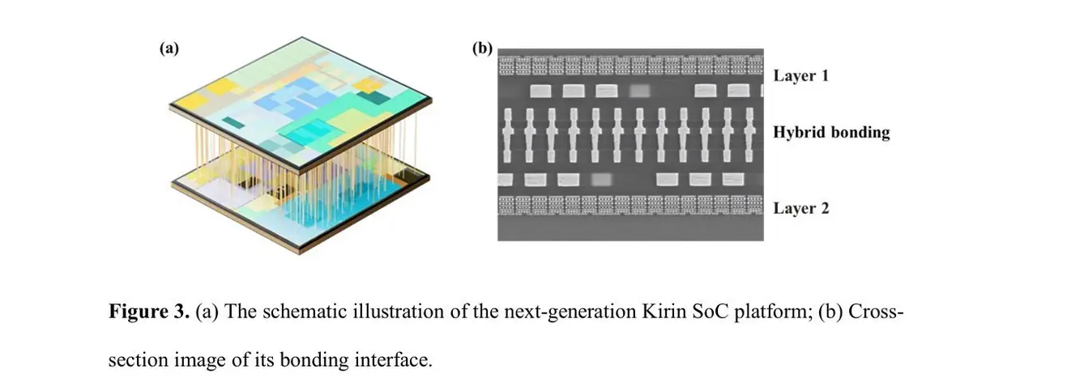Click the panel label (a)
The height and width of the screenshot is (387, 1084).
tap(169, 49)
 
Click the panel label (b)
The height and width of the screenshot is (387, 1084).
tap(482, 49)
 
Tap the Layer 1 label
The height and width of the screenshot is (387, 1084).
tap(801, 75)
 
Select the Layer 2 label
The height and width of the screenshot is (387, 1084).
tap(801, 208)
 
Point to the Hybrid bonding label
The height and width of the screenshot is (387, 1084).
tap(831, 132)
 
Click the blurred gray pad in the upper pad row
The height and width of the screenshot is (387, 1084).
tap(640, 91)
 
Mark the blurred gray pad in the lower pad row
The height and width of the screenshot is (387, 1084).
tap(601, 180)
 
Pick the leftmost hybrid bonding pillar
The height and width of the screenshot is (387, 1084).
tap(508, 135)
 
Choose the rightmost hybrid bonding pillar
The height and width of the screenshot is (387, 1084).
tap(749, 135)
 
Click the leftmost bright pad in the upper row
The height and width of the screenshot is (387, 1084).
tap(540, 91)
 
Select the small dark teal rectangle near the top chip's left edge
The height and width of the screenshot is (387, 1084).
tap(233, 122)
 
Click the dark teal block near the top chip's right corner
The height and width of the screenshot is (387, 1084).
tap(373, 97)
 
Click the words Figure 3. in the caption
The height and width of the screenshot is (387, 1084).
tap(149, 311)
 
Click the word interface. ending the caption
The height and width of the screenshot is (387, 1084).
tap(394, 360)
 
